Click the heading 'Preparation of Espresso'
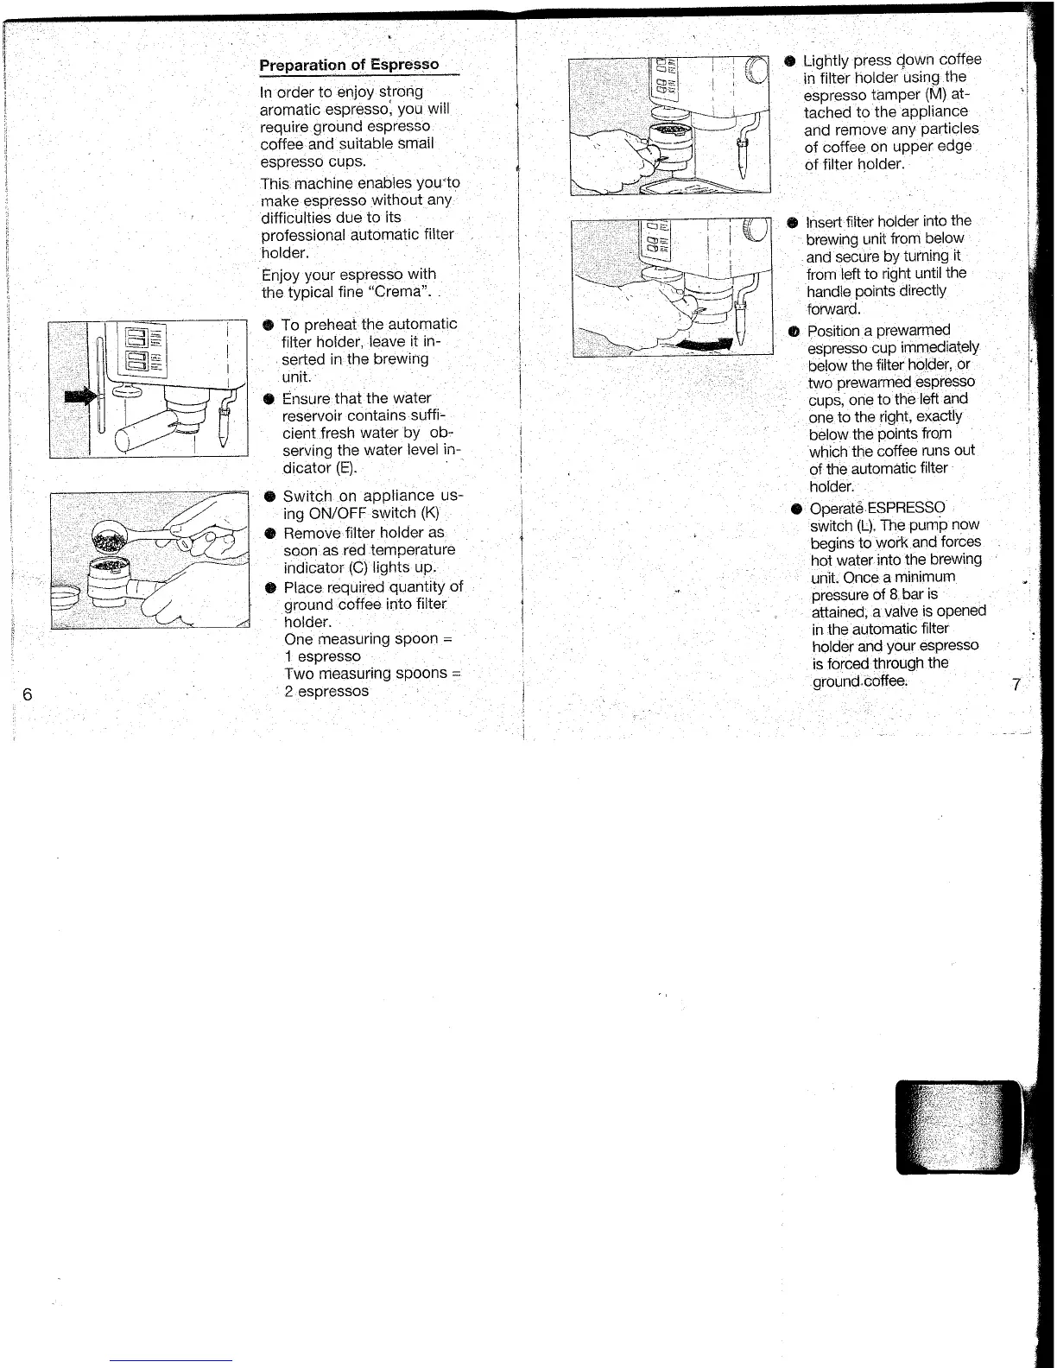click(349, 65)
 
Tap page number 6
click(28, 694)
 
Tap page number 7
click(1016, 685)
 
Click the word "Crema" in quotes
click(395, 292)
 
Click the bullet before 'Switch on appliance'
click(270, 497)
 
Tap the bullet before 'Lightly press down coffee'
click(789, 60)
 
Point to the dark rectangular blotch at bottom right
click(958, 1127)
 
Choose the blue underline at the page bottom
click(171, 1359)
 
